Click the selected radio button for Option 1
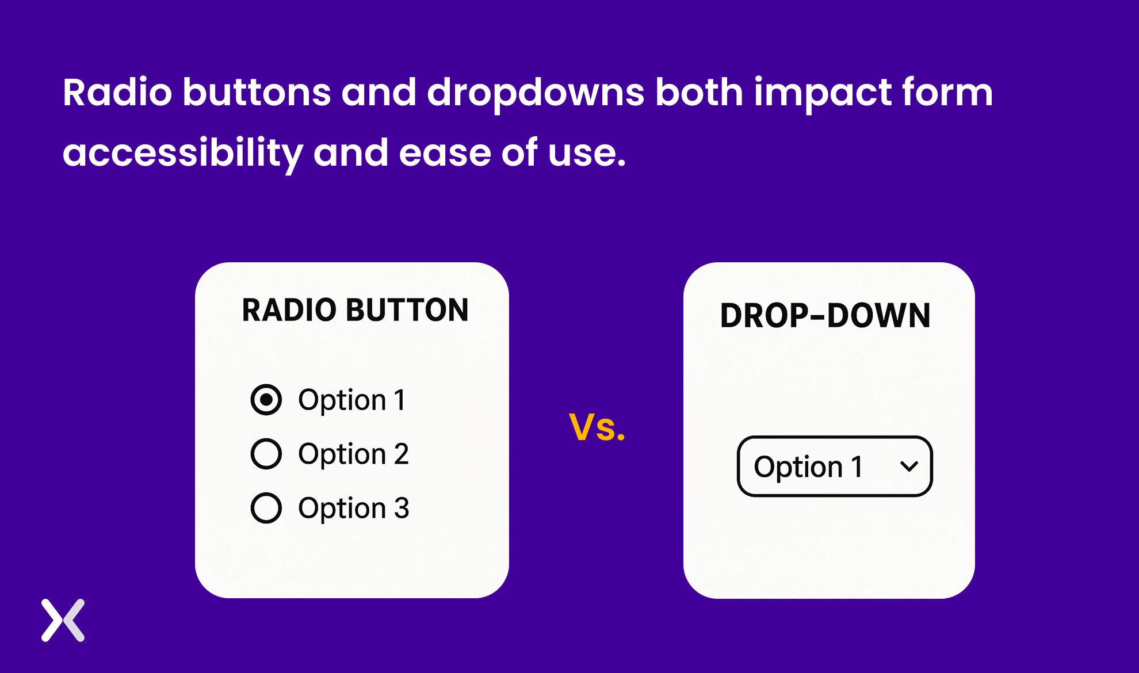pos(266,400)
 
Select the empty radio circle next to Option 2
pos(266,454)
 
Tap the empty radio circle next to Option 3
pos(266,508)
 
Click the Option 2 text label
pos(353,454)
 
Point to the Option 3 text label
pos(353,508)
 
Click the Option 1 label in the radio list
pos(351,400)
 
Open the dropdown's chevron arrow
pos(909,466)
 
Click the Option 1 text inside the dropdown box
pos(808,466)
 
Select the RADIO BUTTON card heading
pos(355,310)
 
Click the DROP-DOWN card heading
pos(825,316)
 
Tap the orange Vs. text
pos(597,427)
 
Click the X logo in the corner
pos(63,620)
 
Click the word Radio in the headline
pos(117,93)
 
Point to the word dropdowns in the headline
pos(535,94)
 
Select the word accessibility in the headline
pos(182,154)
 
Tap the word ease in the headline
pos(445,154)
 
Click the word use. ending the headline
pos(586,154)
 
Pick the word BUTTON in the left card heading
pos(408,310)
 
